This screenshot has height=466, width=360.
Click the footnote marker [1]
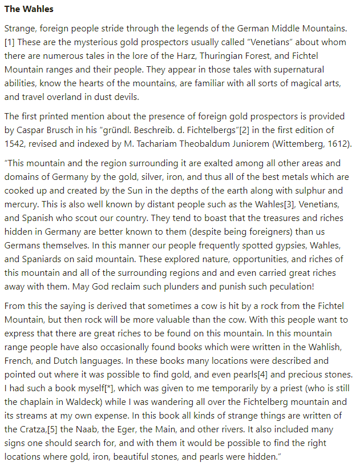click(10, 42)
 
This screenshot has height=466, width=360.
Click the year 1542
click(15, 143)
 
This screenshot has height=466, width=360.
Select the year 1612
click(338, 143)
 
